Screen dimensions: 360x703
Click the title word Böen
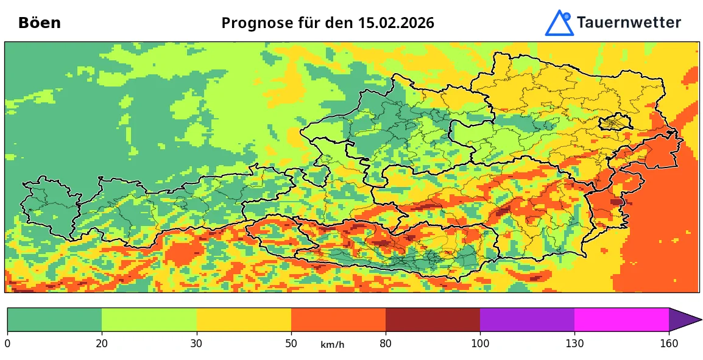point(40,23)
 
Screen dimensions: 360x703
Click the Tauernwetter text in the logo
point(628,23)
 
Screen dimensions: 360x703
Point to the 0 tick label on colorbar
point(7,344)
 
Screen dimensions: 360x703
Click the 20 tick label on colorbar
point(102,344)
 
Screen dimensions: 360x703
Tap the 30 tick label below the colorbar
point(196,344)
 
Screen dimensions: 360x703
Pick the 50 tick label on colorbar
point(291,344)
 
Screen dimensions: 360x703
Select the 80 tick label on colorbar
point(386,344)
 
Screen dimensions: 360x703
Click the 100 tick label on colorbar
point(480,344)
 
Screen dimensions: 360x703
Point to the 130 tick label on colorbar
point(574,344)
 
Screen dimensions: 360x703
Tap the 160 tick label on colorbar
point(669,344)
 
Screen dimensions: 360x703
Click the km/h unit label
point(333,345)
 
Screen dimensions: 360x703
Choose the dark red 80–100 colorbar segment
point(433,319)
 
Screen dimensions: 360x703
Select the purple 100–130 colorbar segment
point(527,319)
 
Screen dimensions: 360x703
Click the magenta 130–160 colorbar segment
point(621,319)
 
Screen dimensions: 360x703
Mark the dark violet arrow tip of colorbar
point(682,319)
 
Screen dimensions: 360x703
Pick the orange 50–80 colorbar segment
point(338,319)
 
